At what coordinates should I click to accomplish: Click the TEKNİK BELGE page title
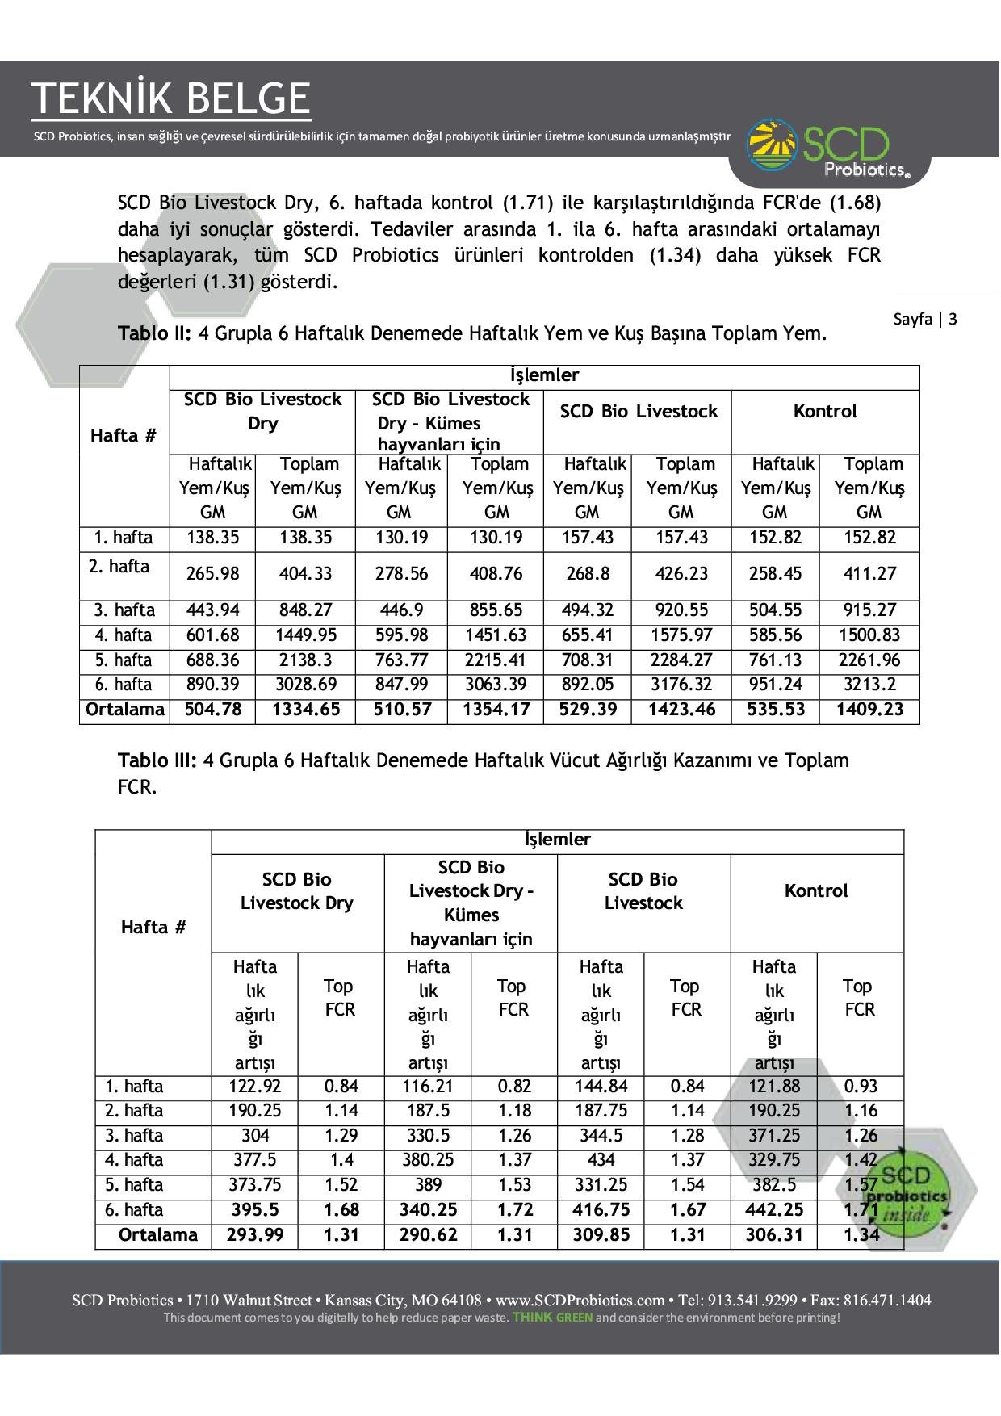171,98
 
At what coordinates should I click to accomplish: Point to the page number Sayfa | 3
925,319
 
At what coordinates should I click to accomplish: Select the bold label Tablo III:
157,760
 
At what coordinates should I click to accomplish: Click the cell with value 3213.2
869,685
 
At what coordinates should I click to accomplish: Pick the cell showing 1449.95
305,635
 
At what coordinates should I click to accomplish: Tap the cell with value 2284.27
681,660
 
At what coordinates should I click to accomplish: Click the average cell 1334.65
305,710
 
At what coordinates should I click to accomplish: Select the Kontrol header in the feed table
824,412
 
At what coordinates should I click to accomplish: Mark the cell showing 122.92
255,1087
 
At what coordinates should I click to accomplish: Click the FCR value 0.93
861,1087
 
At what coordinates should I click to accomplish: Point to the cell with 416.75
601,1210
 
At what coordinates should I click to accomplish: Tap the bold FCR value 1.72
514,1210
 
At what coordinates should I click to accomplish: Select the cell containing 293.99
255,1235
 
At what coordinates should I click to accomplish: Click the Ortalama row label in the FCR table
157,1235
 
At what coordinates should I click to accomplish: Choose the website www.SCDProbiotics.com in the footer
580,1301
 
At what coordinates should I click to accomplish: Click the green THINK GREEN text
552,1318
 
